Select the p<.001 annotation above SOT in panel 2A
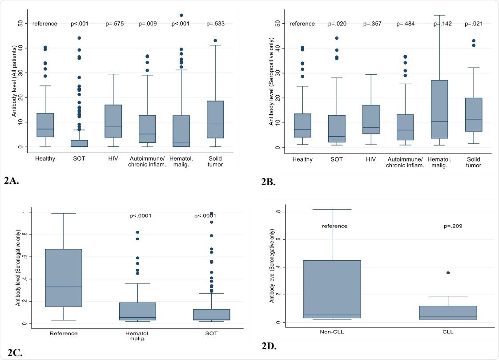80,24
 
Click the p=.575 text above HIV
114,24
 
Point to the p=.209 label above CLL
454,226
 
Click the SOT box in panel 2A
80,143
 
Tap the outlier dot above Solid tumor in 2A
215,41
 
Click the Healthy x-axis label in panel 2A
45,158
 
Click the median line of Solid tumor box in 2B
473,119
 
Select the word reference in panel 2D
334,226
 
